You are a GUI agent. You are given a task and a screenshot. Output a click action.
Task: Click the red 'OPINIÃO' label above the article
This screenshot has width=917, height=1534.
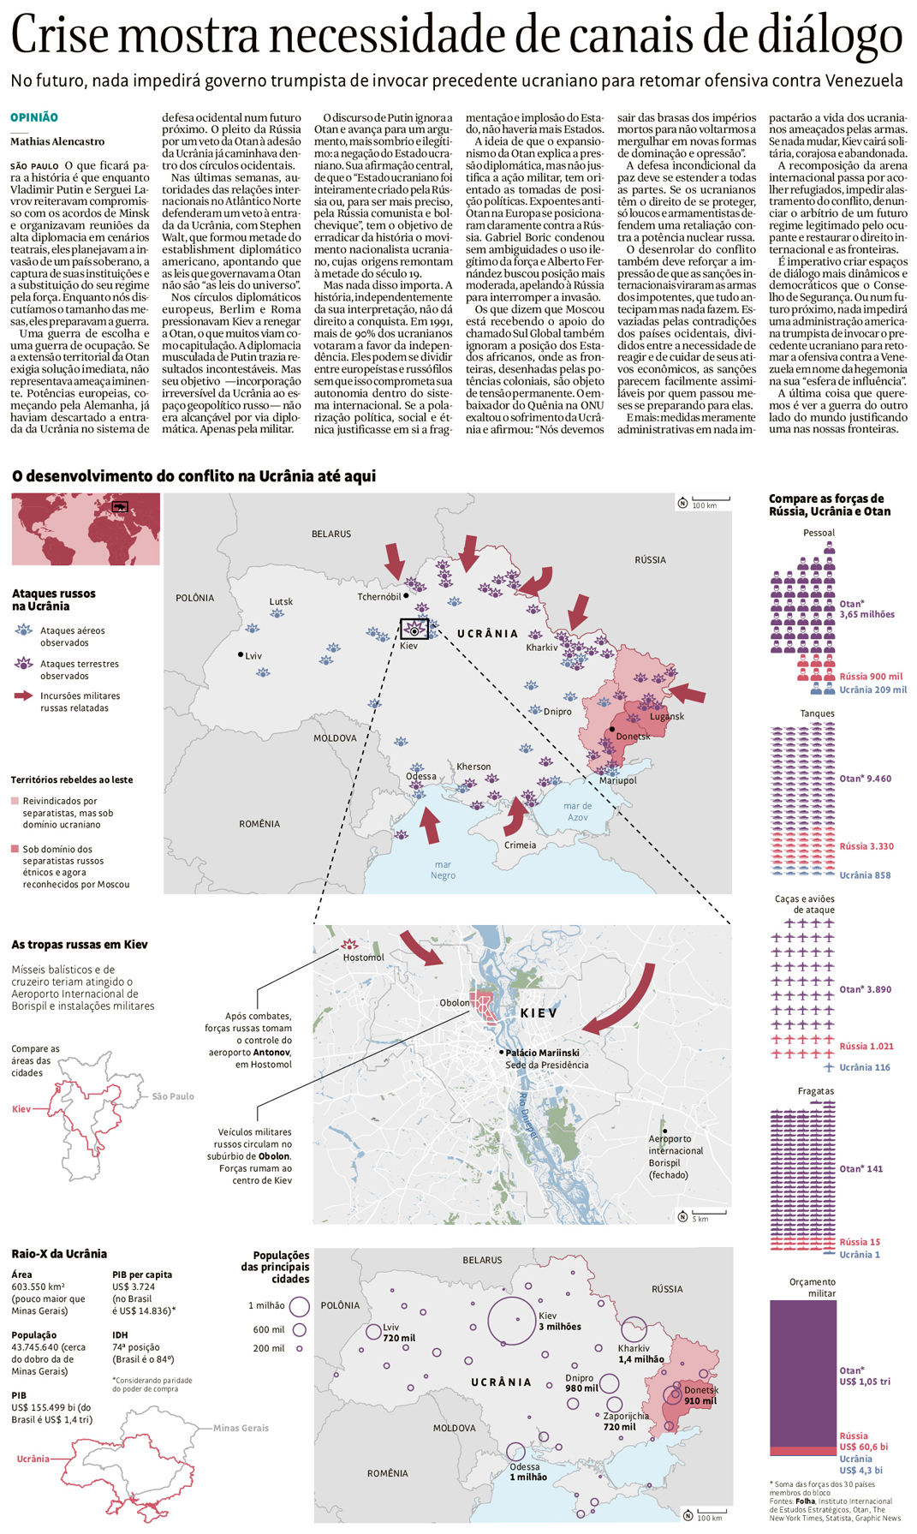34,117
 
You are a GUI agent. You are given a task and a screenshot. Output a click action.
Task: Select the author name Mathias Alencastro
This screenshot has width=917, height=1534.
57,141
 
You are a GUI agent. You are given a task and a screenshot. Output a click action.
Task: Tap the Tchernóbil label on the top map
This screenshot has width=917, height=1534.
378,596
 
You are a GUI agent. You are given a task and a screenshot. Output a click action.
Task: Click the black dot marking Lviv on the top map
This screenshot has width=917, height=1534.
241,654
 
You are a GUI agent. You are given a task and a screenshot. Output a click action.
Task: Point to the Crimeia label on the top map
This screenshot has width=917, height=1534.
520,845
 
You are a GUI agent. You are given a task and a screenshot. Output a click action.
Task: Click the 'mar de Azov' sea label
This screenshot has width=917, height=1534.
577,811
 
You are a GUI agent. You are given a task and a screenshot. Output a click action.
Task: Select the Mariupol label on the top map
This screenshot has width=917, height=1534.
617,780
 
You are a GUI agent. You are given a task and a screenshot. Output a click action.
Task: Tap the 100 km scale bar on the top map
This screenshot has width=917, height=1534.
710,500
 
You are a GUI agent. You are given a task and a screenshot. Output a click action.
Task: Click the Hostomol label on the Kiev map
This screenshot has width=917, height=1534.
363,957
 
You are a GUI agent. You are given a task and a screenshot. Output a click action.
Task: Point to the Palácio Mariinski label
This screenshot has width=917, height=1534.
542,1053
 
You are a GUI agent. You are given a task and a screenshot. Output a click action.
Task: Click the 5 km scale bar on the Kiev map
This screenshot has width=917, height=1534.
708,1214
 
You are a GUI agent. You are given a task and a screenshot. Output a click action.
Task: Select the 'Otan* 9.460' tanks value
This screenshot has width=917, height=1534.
865,779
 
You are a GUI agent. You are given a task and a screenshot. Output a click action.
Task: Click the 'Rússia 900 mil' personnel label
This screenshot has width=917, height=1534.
871,676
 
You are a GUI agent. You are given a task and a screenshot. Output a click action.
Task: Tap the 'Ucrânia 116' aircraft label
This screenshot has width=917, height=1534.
864,1067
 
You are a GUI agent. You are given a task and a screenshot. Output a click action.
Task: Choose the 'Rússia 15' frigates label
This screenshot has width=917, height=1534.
859,1241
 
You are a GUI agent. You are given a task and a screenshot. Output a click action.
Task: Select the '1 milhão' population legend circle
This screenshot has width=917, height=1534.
299,1306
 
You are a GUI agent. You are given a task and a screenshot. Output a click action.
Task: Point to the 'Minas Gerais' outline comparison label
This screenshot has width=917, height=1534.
241,1428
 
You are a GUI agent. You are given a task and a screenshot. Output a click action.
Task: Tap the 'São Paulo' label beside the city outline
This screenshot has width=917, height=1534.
173,1096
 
